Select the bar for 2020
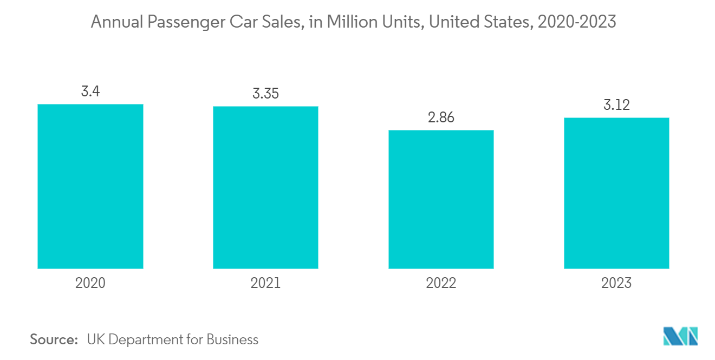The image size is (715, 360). (90, 186)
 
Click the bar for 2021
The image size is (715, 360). (265, 187)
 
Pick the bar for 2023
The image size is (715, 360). (616, 193)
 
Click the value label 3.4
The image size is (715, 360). (90, 91)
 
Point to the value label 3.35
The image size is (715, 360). (265, 93)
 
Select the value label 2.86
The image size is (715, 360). (441, 117)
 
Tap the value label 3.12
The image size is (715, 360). (616, 105)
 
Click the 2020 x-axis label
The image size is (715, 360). (90, 283)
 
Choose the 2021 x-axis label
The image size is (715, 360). (265, 283)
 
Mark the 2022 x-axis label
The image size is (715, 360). (441, 283)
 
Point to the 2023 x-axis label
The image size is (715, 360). (616, 283)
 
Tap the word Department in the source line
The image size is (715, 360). (145, 339)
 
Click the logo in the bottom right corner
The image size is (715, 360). (681, 336)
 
